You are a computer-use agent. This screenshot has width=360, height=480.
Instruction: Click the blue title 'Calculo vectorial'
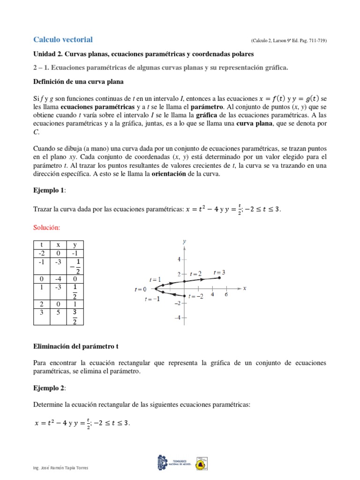(63, 39)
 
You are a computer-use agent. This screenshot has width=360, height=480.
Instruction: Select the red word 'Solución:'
(47, 227)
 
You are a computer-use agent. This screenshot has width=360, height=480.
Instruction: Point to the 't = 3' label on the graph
(219, 272)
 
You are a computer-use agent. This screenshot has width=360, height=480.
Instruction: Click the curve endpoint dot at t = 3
(220, 278)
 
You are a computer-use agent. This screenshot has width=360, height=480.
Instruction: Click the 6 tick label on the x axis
(226, 295)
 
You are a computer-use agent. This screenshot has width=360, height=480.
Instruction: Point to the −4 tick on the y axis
(178, 318)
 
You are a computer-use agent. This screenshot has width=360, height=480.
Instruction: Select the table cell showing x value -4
(58, 279)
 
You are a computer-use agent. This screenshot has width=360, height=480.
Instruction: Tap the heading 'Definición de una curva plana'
(78, 82)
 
